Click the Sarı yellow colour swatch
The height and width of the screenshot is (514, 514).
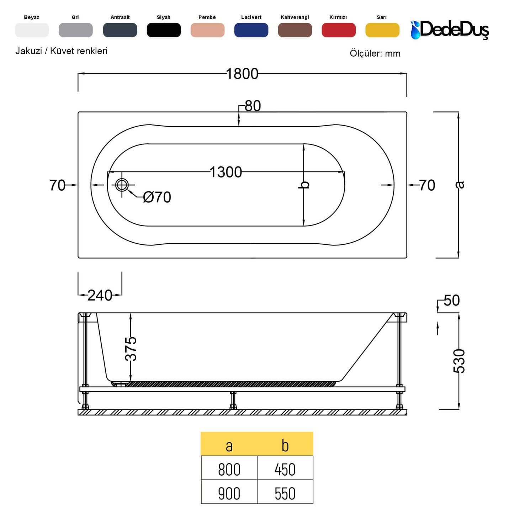point(382,30)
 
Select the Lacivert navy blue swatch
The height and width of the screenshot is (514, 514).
point(251,30)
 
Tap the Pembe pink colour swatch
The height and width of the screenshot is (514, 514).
point(207,30)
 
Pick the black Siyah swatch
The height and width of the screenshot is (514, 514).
point(164,30)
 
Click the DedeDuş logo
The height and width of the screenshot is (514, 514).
point(450,30)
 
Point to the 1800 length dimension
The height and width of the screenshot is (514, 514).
point(242,74)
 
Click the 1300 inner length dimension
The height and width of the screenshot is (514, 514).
point(226,172)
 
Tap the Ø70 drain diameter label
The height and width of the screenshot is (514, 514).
point(157,197)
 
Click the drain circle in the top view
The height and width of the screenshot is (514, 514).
point(122,185)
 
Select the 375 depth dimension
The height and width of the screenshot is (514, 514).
point(131,349)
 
